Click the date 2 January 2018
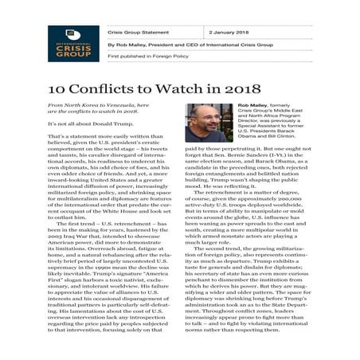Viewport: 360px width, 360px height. click(x=231, y=33)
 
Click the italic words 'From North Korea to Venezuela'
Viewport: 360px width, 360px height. click(x=86, y=105)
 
